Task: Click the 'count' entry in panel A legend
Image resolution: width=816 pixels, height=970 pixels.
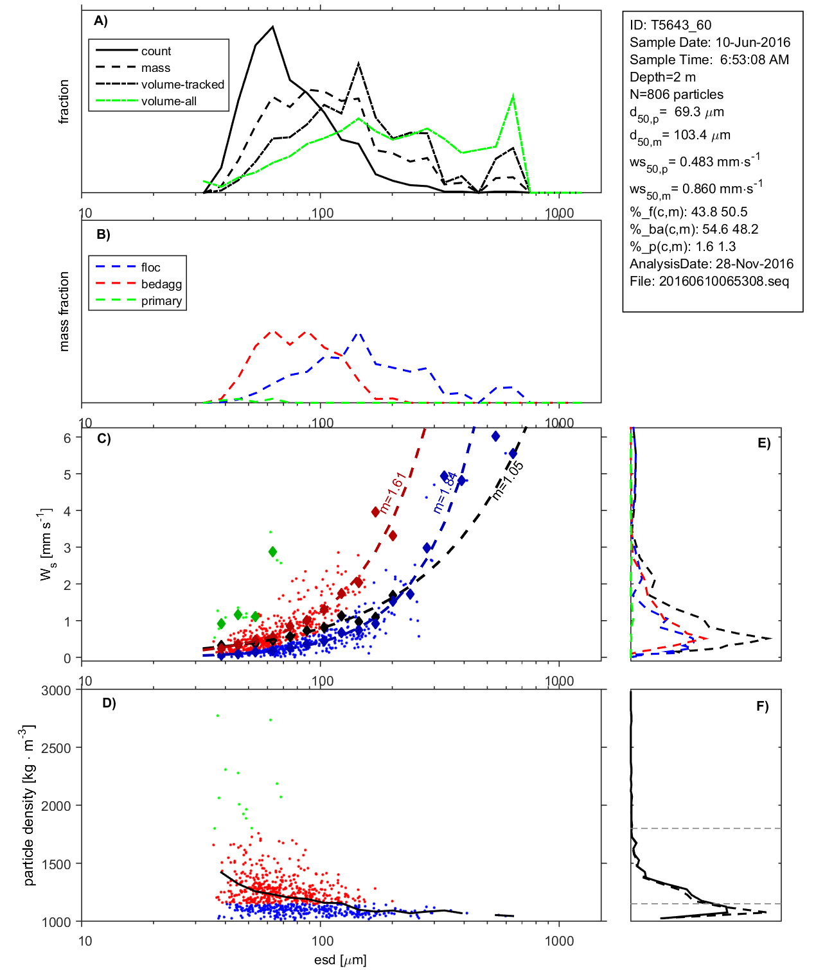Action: coord(156,51)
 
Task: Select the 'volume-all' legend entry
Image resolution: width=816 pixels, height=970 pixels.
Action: coord(169,101)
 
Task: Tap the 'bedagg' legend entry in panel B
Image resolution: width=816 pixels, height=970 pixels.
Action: coord(161,284)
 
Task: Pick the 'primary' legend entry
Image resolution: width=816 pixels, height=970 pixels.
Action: coord(161,301)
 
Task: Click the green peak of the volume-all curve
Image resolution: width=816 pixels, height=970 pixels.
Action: coord(513,96)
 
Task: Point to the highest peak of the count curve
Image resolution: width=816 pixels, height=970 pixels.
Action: coord(273,27)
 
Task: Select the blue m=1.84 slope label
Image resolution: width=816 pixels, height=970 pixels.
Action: coord(445,492)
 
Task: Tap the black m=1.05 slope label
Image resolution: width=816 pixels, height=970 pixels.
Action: coord(508,480)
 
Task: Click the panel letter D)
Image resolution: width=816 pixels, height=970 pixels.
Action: coord(109,703)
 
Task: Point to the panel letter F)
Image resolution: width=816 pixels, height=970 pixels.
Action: coord(763,706)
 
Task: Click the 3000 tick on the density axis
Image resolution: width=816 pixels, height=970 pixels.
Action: coord(56,691)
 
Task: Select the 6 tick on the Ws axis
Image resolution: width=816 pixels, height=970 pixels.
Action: coord(67,437)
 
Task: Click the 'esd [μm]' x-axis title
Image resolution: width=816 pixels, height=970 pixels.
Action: coord(341,960)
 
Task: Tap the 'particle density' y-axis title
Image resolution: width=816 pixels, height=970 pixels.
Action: coord(28,806)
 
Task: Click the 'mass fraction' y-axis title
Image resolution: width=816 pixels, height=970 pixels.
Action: coord(64,311)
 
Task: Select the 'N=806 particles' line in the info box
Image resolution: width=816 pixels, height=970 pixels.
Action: coord(676,94)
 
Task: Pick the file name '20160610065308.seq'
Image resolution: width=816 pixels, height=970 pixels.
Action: coord(723,281)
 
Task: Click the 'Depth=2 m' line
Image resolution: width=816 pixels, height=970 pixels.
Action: coord(662,77)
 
